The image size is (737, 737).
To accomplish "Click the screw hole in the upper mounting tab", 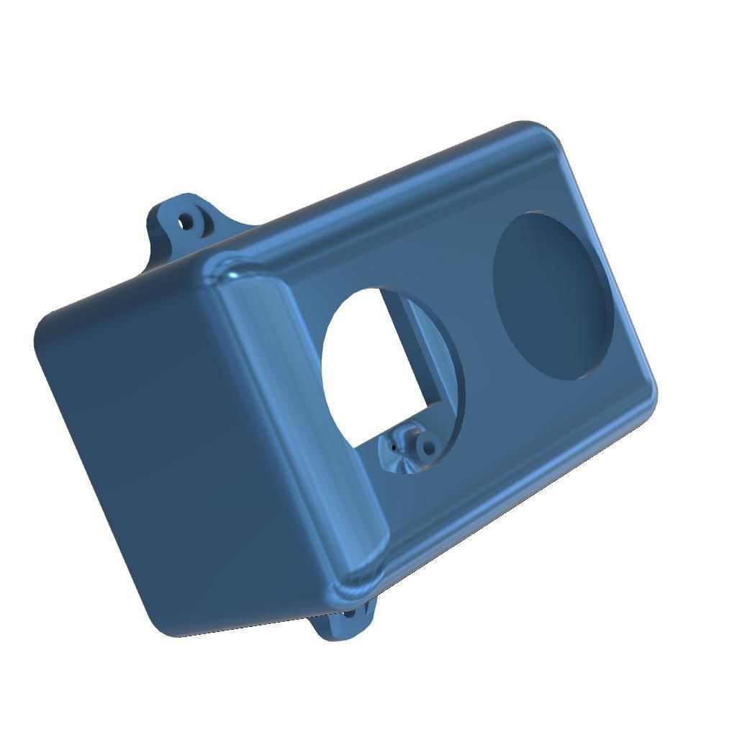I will click(186, 221).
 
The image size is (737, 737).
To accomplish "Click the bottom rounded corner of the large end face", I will click(173, 626).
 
